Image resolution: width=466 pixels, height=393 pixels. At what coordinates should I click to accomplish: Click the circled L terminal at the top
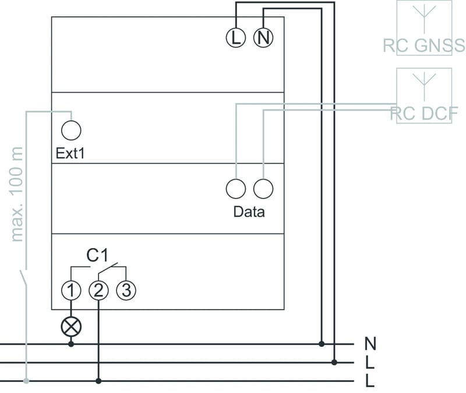click(x=235, y=38)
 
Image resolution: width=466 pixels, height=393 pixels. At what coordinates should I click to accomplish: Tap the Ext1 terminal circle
click(x=71, y=130)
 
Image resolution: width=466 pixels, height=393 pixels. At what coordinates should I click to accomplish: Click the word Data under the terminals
click(x=249, y=211)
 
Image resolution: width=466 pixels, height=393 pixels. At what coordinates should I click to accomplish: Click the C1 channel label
click(x=98, y=255)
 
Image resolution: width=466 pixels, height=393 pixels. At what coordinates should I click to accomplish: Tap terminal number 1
click(x=71, y=289)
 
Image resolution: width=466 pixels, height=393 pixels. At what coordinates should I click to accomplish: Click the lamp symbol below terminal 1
click(x=71, y=327)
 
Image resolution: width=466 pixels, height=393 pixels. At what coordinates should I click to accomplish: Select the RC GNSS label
click(x=423, y=45)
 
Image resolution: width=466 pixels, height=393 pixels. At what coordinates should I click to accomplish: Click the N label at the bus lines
click(x=369, y=343)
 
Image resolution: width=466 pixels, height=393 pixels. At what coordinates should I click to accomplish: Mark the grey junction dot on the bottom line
click(x=26, y=381)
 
